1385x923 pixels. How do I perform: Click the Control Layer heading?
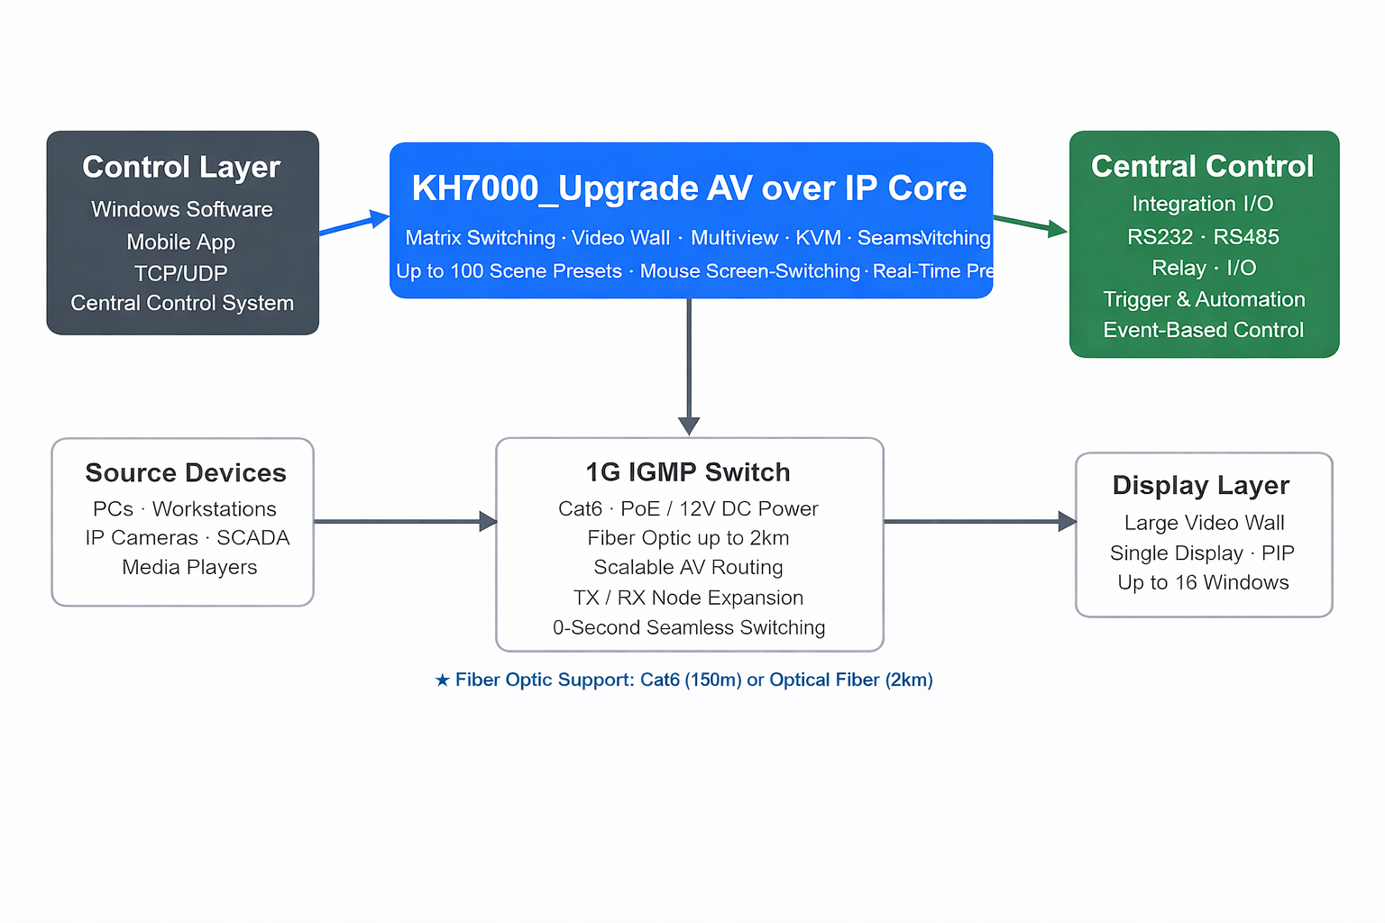point(181,168)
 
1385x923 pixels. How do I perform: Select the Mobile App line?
point(181,242)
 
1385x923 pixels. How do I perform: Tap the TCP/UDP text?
point(181,273)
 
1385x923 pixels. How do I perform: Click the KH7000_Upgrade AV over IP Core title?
point(689,188)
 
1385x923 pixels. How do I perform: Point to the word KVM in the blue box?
point(818,238)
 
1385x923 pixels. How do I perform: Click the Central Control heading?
point(1202,167)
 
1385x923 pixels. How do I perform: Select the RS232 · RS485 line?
point(1203,237)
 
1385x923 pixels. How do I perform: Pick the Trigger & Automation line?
point(1204,299)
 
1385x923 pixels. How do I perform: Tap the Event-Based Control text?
point(1203,330)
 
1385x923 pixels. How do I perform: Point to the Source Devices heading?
point(186,473)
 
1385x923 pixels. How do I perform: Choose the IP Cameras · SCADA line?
point(188,538)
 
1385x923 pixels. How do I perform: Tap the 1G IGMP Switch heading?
point(688,472)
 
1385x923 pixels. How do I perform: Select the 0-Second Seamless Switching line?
point(689,627)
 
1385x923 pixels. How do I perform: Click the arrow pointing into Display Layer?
point(979,521)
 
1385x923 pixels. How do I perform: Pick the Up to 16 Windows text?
point(1203,582)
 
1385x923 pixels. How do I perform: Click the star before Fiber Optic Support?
point(442,680)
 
